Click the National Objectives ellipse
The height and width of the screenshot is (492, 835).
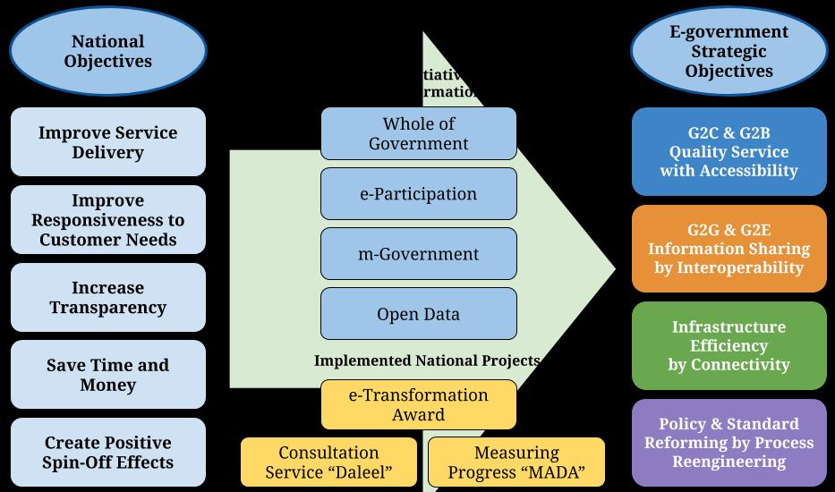coord(107,52)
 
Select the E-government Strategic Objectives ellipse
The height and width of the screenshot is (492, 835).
coord(728,52)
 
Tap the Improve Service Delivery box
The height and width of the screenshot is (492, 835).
coord(107,142)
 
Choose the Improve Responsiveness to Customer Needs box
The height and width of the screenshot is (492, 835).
coord(107,220)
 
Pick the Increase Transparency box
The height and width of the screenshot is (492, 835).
coord(107,298)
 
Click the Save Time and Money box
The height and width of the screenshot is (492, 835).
coord(107,375)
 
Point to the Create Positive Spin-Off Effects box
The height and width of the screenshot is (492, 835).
coord(107,453)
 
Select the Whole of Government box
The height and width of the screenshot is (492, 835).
coord(418,133)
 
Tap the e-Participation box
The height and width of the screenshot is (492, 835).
coord(418,194)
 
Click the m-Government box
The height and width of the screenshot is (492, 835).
coord(418,254)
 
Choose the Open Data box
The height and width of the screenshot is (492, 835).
coord(418,314)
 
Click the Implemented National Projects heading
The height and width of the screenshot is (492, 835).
coord(427,361)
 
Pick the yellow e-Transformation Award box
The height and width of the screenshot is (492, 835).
coord(418,404)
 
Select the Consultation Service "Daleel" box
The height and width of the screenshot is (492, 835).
coord(328,462)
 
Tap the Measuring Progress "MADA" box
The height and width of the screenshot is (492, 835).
coord(516,462)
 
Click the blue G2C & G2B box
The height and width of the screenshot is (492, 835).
coord(728,152)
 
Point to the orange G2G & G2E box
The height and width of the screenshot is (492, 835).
coord(728,249)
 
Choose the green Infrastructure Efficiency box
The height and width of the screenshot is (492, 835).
coord(728,345)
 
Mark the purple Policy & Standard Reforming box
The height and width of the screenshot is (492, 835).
coord(728,443)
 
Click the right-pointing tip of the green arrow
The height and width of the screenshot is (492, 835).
coord(613,268)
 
